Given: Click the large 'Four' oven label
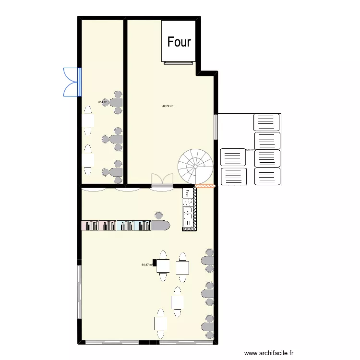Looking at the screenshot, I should (x=179, y=42).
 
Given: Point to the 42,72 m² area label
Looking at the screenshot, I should (x=168, y=106).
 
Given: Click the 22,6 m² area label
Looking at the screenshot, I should (x=102, y=102).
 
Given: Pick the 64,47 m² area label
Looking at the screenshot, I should (x=146, y=264).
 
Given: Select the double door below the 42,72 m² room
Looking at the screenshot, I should (x=162, y=180).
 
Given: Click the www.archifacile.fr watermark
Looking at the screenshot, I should (x=269, y=353).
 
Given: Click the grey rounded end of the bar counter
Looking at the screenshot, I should (x=161, y=226).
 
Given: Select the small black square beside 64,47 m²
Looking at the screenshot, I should (x=154, y=263).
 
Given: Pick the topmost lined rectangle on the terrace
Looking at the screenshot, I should (x=266, y=122).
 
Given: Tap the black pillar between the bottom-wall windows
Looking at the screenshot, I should (x=149, y=342).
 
